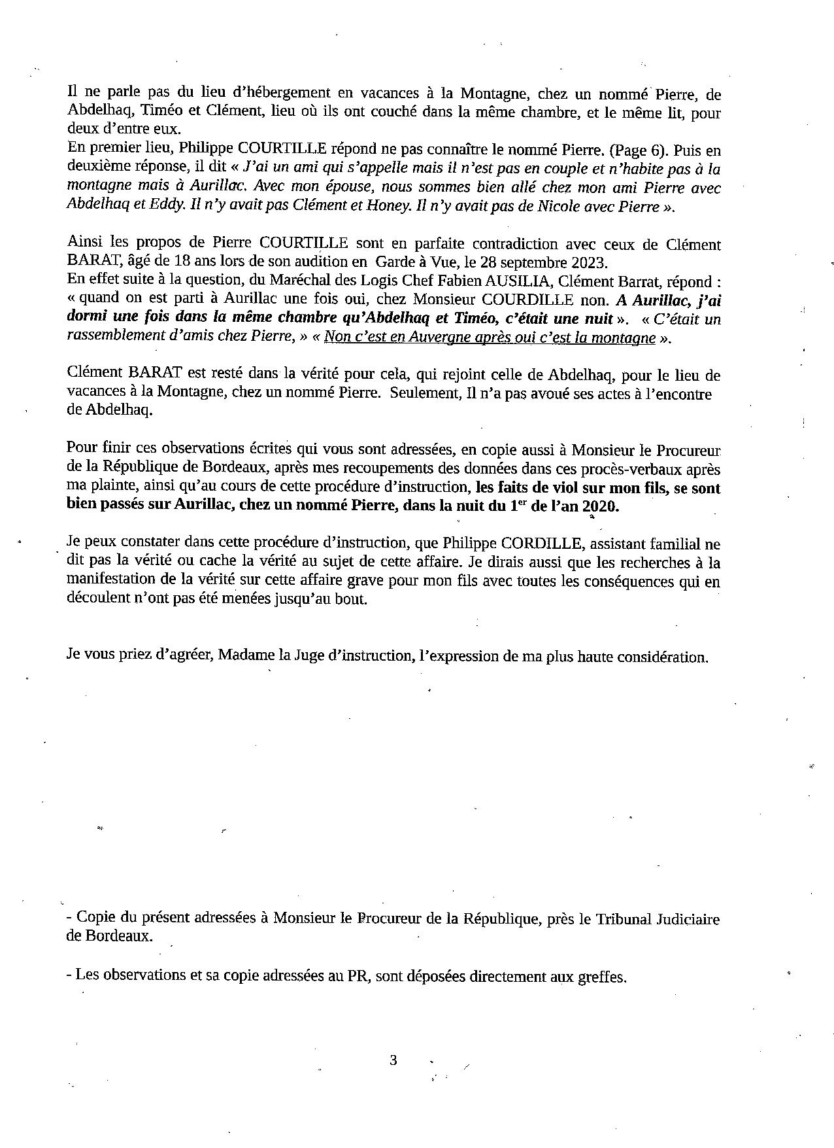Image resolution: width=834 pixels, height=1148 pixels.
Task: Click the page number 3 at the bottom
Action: [393, 1060]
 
